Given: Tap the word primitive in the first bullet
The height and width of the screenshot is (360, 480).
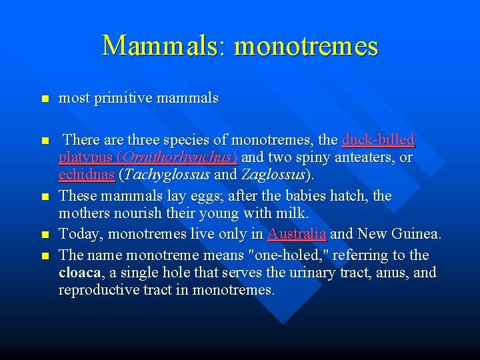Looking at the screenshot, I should click(123, 98).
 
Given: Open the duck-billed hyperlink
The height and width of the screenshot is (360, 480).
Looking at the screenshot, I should click(377, 140).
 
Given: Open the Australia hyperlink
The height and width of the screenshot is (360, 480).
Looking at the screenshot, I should click(296, 234).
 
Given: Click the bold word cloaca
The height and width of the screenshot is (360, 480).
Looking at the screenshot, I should click(79, 273).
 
